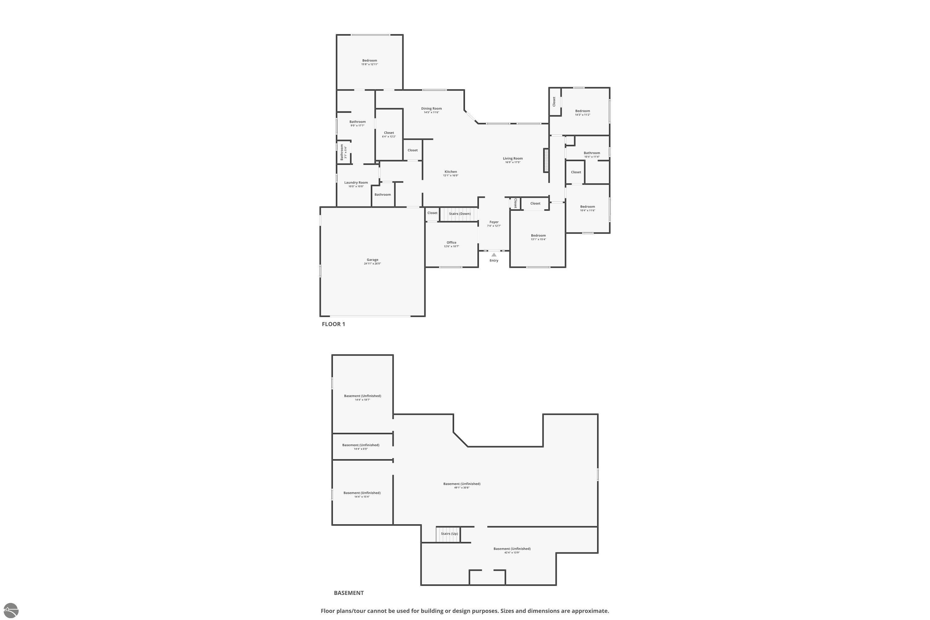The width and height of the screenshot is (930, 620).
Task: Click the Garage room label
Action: (372, 260)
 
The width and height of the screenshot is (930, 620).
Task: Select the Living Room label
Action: (512, 158)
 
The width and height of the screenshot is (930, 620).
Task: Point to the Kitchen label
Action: (450, 172)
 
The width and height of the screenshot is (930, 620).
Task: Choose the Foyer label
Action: (494, 222)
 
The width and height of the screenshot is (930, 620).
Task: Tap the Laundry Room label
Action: (356, 182)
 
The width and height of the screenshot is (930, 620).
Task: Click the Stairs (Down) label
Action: (459, 214)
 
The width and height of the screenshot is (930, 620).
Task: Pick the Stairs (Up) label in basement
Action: (449, 534)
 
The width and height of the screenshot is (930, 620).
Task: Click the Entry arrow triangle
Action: (494, 255)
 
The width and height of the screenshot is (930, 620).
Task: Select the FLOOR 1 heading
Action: (333, 324)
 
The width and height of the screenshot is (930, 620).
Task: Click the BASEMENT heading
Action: (348, 593)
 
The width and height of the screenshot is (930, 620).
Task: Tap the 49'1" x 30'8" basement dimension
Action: (462, 488)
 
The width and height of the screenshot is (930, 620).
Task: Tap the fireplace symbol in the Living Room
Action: (546, 160)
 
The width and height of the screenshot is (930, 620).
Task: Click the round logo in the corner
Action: (10, 610)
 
